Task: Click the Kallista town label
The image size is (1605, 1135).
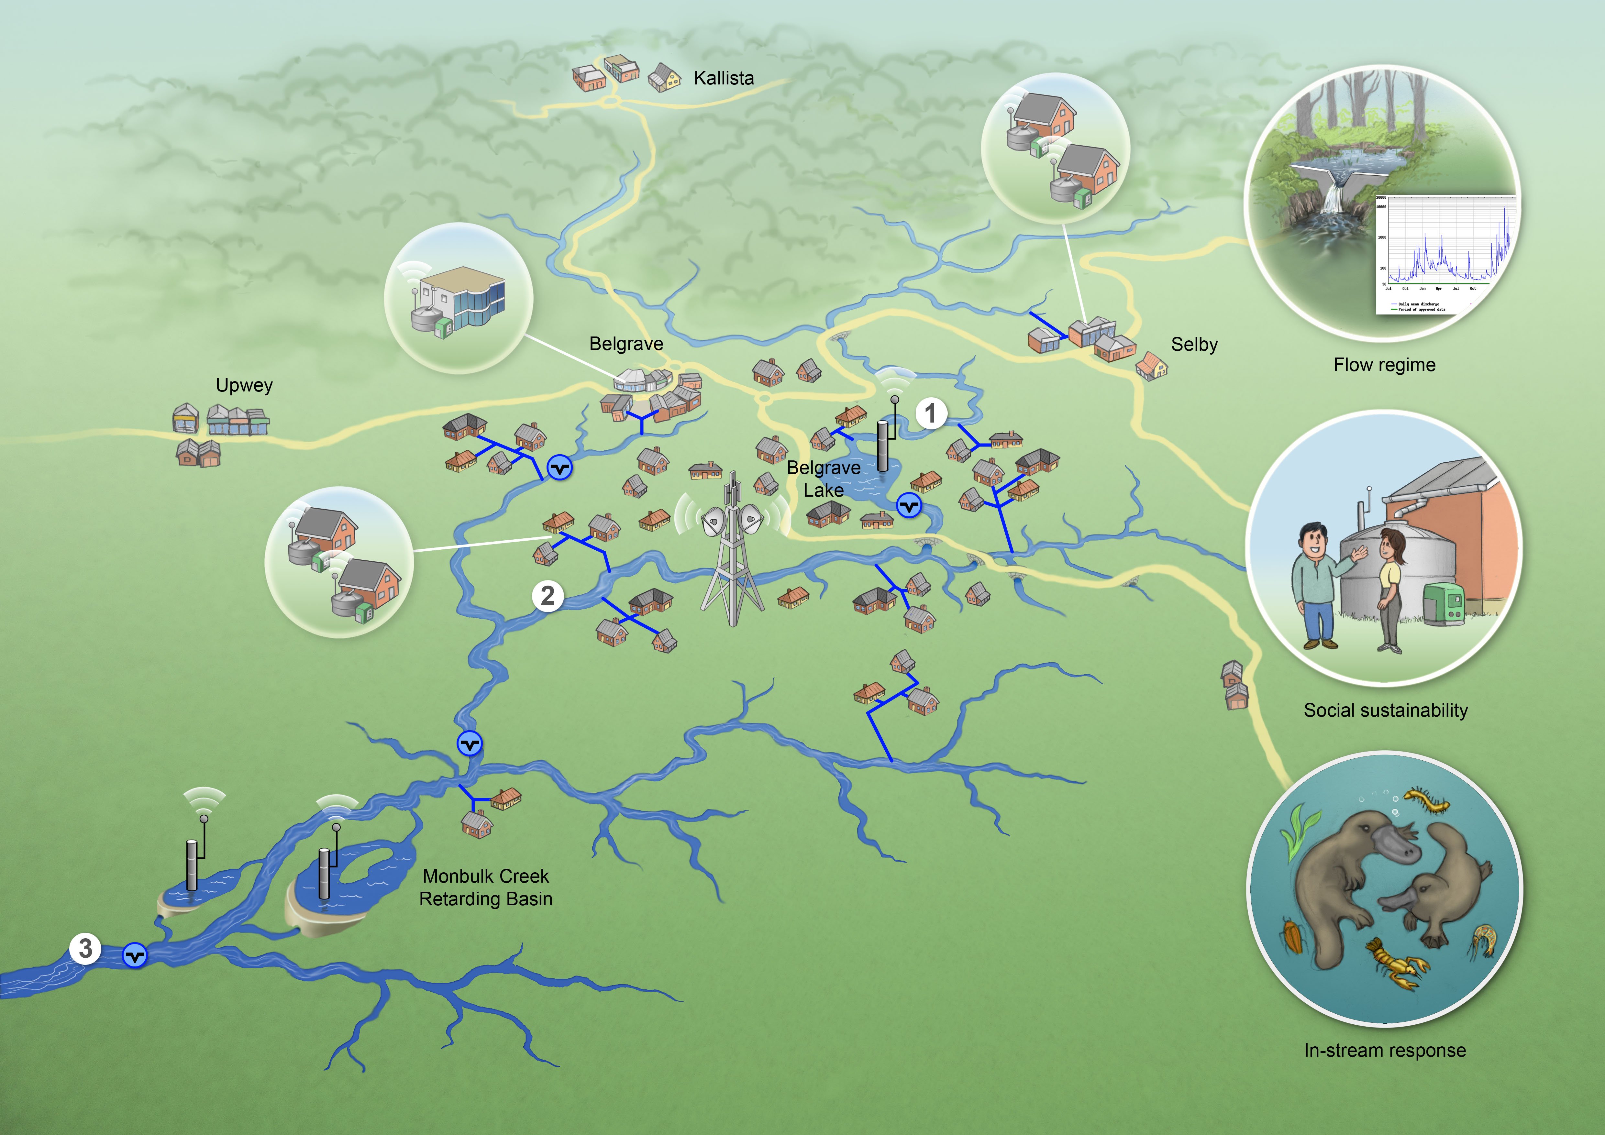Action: click(x=724, y=78)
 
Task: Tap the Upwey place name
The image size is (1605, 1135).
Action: click(x=244, y=385)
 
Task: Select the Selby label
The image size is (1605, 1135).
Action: click(x=1194, y=345)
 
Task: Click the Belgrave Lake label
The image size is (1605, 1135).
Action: click(x=824, y=479)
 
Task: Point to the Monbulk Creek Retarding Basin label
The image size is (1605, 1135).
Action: click(x=486, y=887)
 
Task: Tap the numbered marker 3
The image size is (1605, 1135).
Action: click(x=85, y=948)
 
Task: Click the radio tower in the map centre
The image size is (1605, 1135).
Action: click(x=732, y=552)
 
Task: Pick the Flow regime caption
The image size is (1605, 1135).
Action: click(x=1384, y=365)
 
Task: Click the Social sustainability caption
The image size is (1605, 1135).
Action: click(x=1386, y=711)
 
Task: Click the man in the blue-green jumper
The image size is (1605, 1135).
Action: click(x=1314, y=584)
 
